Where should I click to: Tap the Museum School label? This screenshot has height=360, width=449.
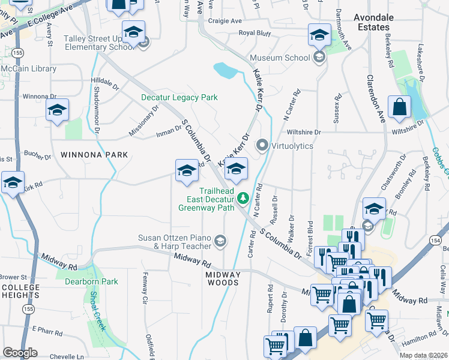click(x=279, y=58)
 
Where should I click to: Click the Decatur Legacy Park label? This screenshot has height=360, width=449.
click(x=179, y=97)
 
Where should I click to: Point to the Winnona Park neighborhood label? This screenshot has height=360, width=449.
click(x=94, y=155)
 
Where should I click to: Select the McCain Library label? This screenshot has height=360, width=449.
click(x=28, y=69)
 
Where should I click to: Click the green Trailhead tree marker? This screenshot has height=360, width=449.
click(x=243, y=197)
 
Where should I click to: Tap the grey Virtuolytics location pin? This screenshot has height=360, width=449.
click(x=262, y=145)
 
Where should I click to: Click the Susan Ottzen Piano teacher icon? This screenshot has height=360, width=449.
click(x=220, y=241)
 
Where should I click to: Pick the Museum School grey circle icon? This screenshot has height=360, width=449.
click(x=319, y=58)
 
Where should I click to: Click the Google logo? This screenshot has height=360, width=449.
click(x=20, y=353)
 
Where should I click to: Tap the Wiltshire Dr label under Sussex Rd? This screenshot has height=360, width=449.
click(x=304, y=132)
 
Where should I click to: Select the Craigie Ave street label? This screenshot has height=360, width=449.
click(x=224, y=20)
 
